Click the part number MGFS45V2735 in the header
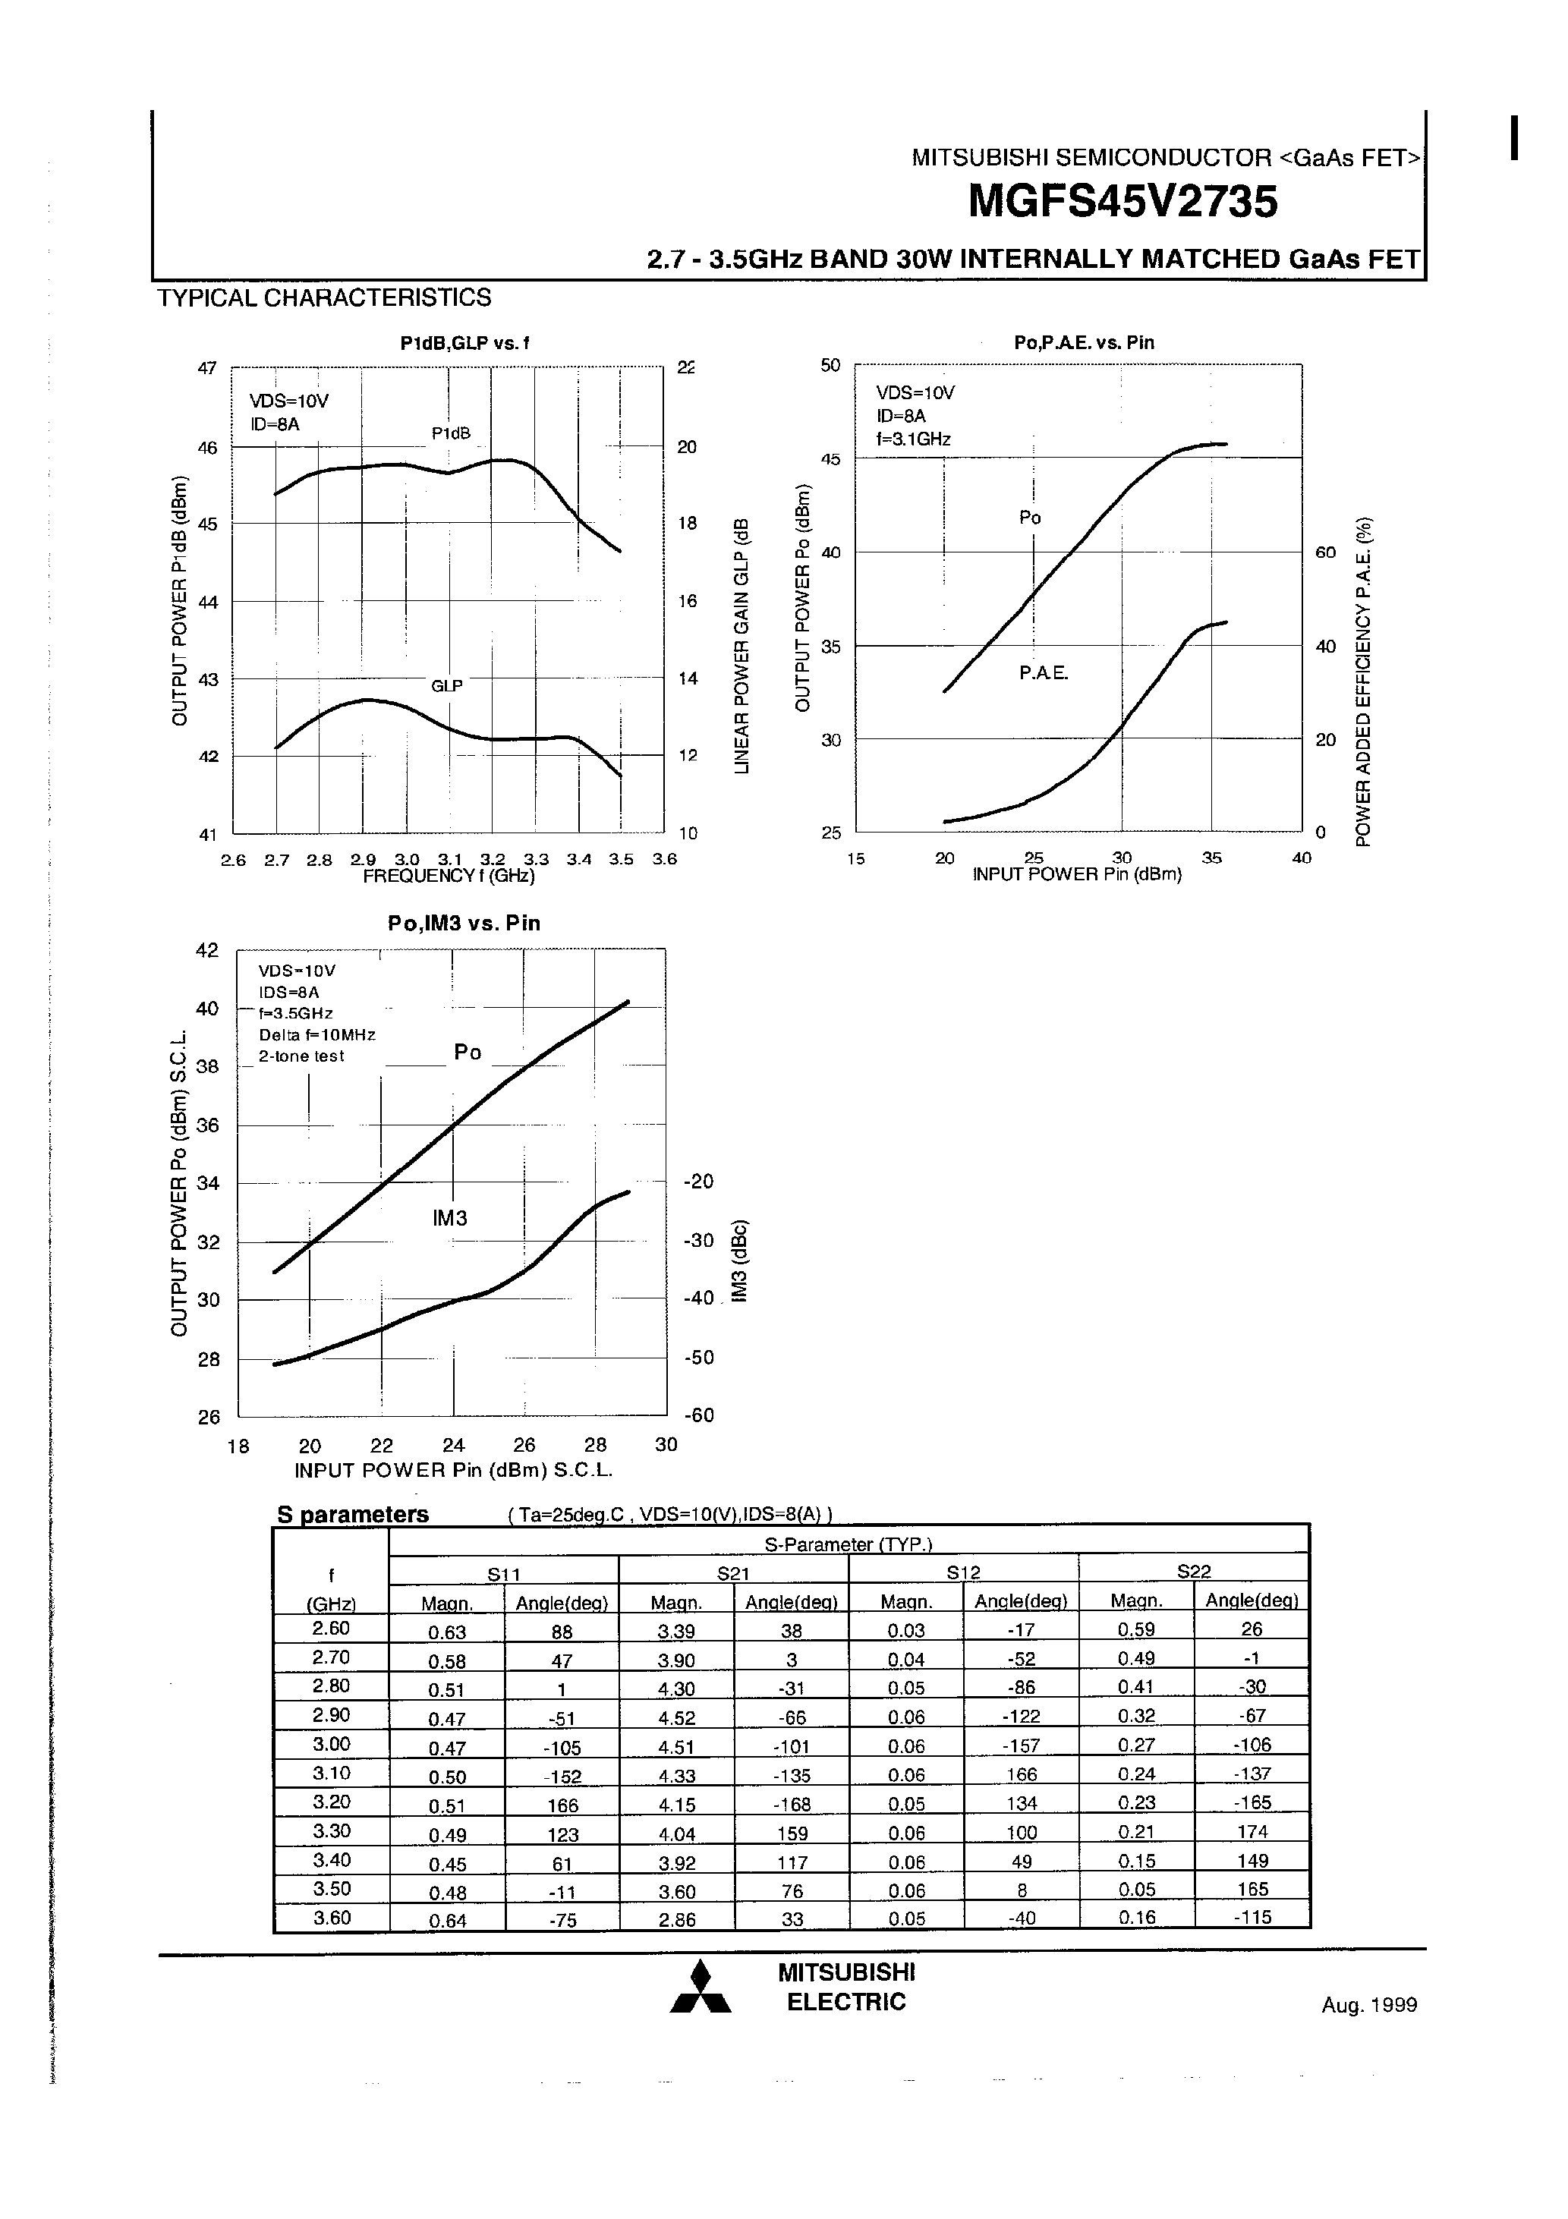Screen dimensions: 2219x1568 pyautogui.click(x=1122, y=202)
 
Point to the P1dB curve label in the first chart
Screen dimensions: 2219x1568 pyautogui.click(x=451, y=434)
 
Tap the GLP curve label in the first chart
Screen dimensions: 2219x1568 pyautogui.click(x=446, y=686)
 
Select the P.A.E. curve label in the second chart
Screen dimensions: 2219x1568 pyautogui.click(x=1043, y=674)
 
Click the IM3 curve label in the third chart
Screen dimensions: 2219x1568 pyautogui.click(x=451, y=1219)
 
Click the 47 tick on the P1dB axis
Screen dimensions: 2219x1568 pyautogui.click(x=207, y=368)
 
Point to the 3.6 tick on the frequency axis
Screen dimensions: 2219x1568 pyautogui.click(x=664, y=859)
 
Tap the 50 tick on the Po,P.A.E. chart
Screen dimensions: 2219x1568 pyautogui.click(x=830, y=365)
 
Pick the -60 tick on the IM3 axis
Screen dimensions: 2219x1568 pyautogui.click(x=698, y=1416)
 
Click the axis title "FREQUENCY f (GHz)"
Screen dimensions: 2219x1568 pyautogui.click(x=449, y=876)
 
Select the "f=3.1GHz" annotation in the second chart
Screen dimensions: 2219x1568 pyautogui.click(x=914, y=439)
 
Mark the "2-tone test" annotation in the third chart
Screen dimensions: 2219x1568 pyautogui.click(x=301, y=1056)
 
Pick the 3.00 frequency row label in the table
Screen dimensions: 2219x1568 pyautogui.click(x=331, y=1745)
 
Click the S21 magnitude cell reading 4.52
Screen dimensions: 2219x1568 pyautogui.click(x=677, y=1717)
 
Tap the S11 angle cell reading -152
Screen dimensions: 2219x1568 pyautogui.click(x=562, y=1777)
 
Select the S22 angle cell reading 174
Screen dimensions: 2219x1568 pyautogui.click(x=1252, y=1831)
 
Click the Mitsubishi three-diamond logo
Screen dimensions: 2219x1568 pyautogui.click(x=701, y=1989)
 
